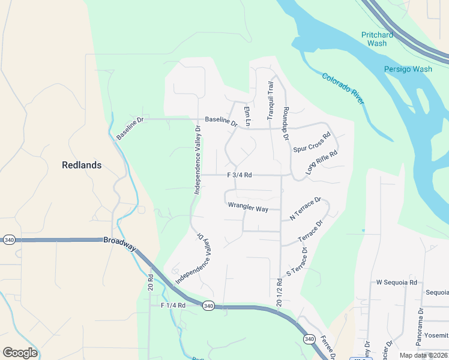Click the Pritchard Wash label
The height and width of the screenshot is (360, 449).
click(x=377, y=39)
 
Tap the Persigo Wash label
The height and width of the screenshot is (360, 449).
click(x=408, y=69)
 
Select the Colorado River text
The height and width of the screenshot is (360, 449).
click(x=343, y=89)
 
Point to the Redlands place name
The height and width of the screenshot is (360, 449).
click(x=82, y=165)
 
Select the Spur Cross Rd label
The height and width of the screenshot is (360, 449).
click(x=312, y=143)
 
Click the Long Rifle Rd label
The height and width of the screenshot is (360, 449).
click(x=322, y=162)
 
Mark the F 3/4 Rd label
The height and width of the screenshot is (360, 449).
click(x=239, y=175)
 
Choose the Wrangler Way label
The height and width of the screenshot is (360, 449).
click(x=248, y=209)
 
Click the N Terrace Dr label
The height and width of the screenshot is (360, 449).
click(x=306, y=208)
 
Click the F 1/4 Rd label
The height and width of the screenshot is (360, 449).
click(x=173, y=305)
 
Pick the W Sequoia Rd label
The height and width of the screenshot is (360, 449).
click(x=396, y=282)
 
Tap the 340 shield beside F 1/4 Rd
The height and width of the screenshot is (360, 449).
click(x=208, y=306)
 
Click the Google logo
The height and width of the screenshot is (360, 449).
click(x=20, y=353)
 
